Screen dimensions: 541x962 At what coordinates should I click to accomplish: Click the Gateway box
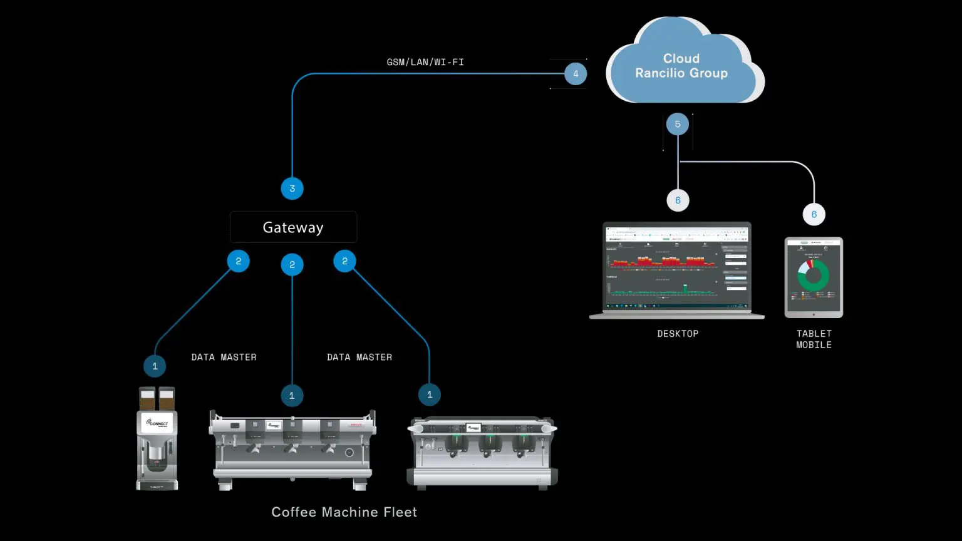(x=293, y=227)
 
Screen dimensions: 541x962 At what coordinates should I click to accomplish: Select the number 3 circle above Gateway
(x=292, y=188)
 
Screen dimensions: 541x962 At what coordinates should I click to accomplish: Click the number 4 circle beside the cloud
(x=576, y=74)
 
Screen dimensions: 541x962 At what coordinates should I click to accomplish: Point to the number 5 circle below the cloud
(x=678, y=124)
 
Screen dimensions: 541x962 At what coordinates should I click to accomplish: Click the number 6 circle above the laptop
(x=678, y=200)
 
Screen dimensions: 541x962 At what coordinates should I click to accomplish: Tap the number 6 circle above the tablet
(x=814, y=214)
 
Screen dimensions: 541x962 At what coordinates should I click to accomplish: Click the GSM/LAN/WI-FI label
(x=425, y=62)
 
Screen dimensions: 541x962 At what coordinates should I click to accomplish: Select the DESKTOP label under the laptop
(x=678, y=334)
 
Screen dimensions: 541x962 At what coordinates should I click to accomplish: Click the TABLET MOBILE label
(x=814, y=339)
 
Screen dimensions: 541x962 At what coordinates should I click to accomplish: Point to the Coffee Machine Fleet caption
(x=344, y=512)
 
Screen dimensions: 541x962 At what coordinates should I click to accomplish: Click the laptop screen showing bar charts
(x=677, y=268)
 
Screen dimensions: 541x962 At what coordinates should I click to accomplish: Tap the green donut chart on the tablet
(x=813, y=276)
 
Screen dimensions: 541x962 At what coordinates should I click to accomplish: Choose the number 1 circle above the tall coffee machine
(x=155, y=366)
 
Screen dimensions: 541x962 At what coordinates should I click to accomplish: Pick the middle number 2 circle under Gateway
(x=292, y=264)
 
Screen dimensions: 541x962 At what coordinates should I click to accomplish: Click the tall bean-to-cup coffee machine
(x=157, y=438)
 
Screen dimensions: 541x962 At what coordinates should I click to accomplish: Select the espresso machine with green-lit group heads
(x=482, y=451)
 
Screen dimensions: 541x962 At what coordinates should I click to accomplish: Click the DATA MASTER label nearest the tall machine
(x=224, y=357)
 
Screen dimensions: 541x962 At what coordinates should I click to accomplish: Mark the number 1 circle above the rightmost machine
(x=430, y=394)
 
